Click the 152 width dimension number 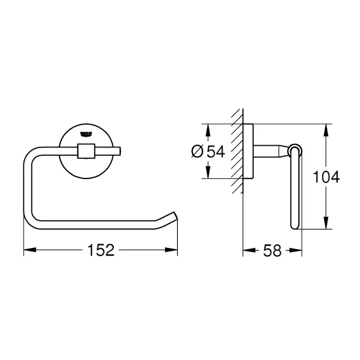pos(101,250)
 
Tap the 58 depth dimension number pos(272,250)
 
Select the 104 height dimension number pos(326,177)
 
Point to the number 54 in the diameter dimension pos(215,151)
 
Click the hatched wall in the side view pos(236,152)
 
